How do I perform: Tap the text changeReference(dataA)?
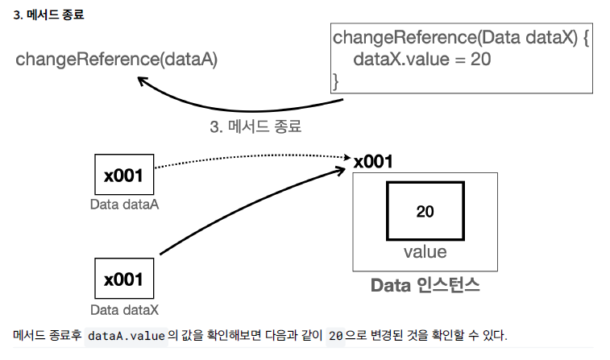pyautogui.click(x=117, y=60)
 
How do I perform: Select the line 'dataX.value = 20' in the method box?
pyautogui.click(x=411, y=59)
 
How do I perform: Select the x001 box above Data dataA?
pyautogui.click(x=123, y=174)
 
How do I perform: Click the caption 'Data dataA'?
pyautogui.click(x=124, y=205)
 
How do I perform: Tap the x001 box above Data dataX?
pyautogui.click(x=123, y=279)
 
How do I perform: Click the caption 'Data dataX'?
pyautogui.click(x=124, y=309)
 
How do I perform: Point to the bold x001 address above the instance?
pyautogui.click(x=373, y=162)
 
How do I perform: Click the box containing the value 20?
pyautogui.click(x=425, y=211)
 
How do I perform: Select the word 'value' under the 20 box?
pyautogui.click(x=425, y=252)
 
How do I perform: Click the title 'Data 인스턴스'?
pyautogui.click(x=425, y=285)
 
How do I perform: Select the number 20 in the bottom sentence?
pyautogui.click(x=337, y=334)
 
